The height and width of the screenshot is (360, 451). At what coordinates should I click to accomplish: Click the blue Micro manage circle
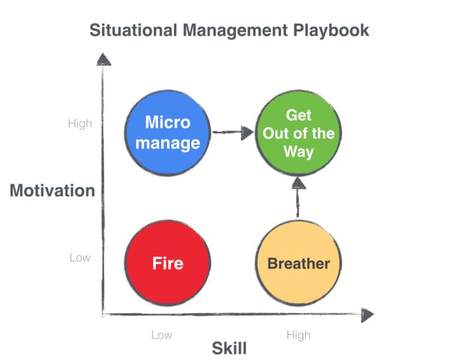click(168, 133)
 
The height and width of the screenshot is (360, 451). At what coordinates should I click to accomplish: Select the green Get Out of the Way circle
click(298, 133)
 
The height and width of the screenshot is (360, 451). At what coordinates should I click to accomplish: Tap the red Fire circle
click(168, 263)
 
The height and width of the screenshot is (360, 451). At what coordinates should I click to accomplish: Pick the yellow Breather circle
click(298, 263)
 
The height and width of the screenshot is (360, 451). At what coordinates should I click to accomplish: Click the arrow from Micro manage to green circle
click(233, 133)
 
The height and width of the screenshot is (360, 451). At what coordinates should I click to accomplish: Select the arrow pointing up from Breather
click(298, 198)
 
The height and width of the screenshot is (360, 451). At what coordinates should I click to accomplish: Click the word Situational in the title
click(133, 30)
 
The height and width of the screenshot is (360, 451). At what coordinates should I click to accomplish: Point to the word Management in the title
click(235, 31)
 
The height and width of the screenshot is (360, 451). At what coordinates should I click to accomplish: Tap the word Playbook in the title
click(331, 30)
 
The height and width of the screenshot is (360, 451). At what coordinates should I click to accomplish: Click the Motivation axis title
click(52, 190)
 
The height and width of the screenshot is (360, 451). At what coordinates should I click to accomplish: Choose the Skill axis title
click(229, 348)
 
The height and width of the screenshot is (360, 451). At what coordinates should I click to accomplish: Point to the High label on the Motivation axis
click(80, 123)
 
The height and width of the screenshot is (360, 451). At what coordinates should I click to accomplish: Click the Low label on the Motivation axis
click(80, 257)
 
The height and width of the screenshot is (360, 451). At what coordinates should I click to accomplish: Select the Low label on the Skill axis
click(162, 335)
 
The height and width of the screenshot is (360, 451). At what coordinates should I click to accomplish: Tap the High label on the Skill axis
click(298, 335)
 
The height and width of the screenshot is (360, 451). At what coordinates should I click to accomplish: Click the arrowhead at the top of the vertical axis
click(103, 59)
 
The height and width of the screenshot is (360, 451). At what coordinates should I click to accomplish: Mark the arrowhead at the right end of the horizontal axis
click(367, 315)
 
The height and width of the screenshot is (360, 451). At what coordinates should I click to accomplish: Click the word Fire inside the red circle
click(168, 263)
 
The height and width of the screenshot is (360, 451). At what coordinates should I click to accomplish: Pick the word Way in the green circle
click(298, 152)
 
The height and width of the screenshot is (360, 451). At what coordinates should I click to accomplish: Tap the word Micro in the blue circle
click(168, 122)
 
